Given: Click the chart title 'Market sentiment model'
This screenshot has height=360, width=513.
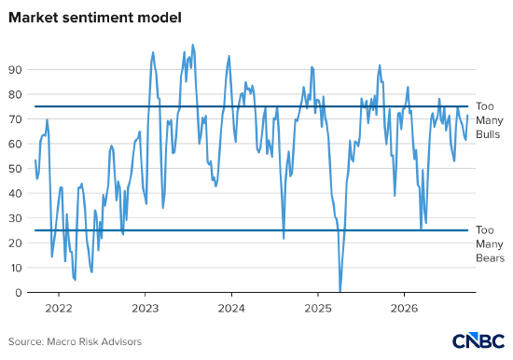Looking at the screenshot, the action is click(95, 18).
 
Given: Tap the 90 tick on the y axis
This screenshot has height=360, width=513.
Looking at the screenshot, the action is click(14, 70).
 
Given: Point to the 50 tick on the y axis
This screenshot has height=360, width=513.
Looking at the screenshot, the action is click(14, 169).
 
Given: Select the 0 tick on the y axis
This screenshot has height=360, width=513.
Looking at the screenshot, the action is click(18, 293).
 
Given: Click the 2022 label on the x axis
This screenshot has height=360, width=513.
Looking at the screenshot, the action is click(59, 309).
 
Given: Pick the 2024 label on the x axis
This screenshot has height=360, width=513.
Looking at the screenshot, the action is click(231, 309).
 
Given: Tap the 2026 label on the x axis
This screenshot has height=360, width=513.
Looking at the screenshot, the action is click(404, 309).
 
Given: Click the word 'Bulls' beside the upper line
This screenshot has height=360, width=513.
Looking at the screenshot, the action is click(488, 134).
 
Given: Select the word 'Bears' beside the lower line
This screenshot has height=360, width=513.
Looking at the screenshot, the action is click(490, 258).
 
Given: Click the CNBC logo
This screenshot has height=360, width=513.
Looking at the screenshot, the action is click(478, 340).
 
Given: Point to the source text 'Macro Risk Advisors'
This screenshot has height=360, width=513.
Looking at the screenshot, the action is click(94, 341).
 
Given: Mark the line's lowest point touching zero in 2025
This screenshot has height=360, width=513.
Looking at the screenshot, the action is click(340, 291).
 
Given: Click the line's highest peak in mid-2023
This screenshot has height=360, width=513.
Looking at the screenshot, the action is click(192, 45).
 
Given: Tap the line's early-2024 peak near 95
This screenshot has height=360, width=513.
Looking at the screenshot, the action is click(229, 56).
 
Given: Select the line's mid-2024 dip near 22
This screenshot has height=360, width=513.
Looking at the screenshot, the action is click(284, 239).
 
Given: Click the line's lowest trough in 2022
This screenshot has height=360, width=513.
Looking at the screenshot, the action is click(76, 280).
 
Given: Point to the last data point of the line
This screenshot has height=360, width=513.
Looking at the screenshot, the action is click(467, 116).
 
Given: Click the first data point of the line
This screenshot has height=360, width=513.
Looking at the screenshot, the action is click(35, 160).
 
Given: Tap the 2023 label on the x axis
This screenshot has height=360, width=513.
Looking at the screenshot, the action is click(145, 309).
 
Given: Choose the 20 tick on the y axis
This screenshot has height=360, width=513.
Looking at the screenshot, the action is click(14, 242).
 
